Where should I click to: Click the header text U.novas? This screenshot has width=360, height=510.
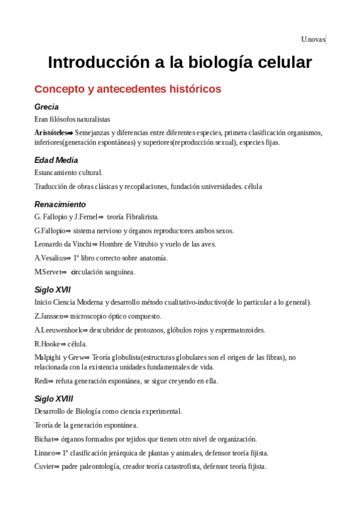(313, 40)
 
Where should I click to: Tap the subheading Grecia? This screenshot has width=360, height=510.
(46, 106)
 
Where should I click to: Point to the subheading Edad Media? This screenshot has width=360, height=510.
(56, 160)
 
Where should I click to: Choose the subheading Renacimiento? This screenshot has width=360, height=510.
(60, 204)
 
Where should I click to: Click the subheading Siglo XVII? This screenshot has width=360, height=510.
(52, 289)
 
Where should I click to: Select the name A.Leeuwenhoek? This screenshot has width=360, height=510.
(58, 330)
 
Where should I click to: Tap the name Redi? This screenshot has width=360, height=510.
(40, 381)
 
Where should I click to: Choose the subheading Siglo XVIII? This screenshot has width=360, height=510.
(54, 398)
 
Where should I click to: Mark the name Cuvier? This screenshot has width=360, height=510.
(44, 467)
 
